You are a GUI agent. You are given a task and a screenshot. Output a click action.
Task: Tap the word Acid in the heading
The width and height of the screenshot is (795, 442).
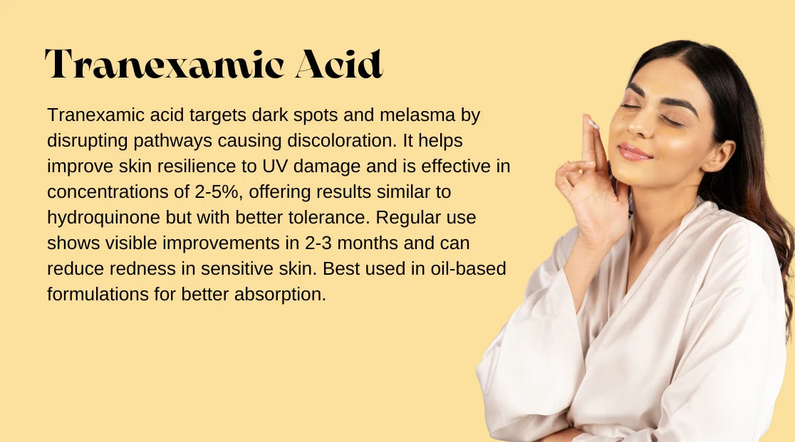[x=338, y=64]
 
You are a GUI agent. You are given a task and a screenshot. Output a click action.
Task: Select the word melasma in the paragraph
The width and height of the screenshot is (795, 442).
[x=417, y=115]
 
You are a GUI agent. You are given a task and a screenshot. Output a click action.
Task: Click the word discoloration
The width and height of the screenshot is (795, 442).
[x=342, y=141]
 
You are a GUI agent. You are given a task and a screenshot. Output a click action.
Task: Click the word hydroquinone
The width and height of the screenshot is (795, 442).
[x=103, y=218]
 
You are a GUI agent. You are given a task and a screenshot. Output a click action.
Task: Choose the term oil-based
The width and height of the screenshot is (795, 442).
[x=468, y=269]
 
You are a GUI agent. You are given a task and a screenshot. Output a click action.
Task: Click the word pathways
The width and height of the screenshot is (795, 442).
[x=172, y=141]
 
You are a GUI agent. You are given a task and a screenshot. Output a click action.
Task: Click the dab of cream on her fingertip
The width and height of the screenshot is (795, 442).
[x=593, y=124]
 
